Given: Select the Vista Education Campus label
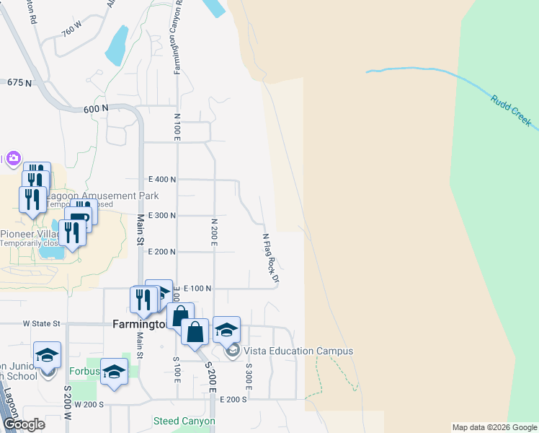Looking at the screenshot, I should (x=298, y=351).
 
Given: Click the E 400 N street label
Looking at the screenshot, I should (x=162, y=179).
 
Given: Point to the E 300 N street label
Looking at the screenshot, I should (x=162, y=216).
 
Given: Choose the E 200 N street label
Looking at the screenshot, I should (x=162, y=252).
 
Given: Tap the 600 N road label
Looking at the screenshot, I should (x=95, y=108).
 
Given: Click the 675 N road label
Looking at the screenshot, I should (x=19, y=83).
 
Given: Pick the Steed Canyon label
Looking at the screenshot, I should (x=184, y=421).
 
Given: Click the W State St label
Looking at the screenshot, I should (x=41, y=324).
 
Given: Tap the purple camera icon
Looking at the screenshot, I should (x=12, y=158).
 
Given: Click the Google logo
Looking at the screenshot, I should (x=24, y=424).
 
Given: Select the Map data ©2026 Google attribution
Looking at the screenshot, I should (x=494, y=427).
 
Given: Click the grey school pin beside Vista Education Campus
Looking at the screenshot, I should (x=232, y=351).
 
